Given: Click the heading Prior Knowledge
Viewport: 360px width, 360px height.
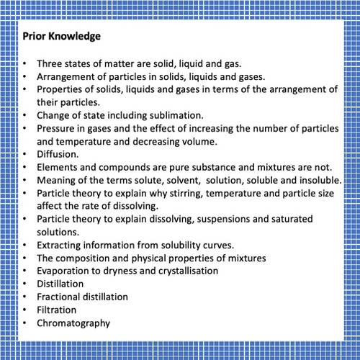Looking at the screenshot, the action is [61, 35].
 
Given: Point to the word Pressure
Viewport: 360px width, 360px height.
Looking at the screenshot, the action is [57, 128].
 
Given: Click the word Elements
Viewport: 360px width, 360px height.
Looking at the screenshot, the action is [58, 166].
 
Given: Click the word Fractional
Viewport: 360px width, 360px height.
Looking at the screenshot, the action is [60, 296].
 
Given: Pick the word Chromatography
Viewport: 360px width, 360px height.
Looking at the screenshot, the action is [73, 322].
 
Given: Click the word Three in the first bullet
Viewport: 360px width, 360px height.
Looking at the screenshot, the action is [50, 63].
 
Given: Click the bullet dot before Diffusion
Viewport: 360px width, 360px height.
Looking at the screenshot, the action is [25, 154].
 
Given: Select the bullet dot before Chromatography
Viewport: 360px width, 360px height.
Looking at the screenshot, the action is [25, 323].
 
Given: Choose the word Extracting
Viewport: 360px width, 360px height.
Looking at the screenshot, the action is [61, 244].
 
